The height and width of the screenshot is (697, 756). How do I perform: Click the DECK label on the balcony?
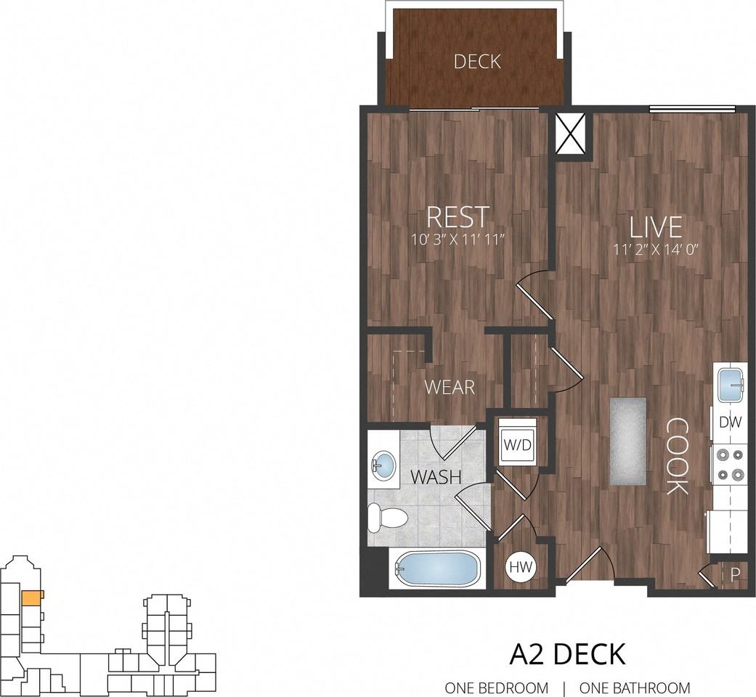click(x=477, y=62)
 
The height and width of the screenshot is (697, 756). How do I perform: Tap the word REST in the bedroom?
click(x=458, y=217)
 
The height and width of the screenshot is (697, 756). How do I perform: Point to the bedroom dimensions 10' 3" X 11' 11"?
click(x=458, y=240)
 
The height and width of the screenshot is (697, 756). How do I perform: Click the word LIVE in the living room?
click(x=657, y=227)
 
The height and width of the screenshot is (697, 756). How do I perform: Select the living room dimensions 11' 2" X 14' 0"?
click(x=657, y=250)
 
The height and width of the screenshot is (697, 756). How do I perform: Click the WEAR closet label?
click(x=450, y=387)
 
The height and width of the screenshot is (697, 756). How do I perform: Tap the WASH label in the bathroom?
click(x=436, y=477)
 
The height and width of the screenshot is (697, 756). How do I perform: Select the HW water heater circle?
click(x=521, y=567)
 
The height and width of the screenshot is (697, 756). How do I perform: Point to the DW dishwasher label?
click(x=730, y=423)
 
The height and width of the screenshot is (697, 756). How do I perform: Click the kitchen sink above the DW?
click(x=732, y=385)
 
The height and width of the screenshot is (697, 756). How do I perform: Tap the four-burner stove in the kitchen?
click(x=730, y=465)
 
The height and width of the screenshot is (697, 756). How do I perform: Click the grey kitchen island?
click(x=627, y=441)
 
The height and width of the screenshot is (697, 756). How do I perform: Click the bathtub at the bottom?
click(x=436, y=568)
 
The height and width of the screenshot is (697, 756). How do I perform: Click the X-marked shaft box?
click(x=571, y=134)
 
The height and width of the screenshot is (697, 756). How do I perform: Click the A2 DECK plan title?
click(x=567, y=654)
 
